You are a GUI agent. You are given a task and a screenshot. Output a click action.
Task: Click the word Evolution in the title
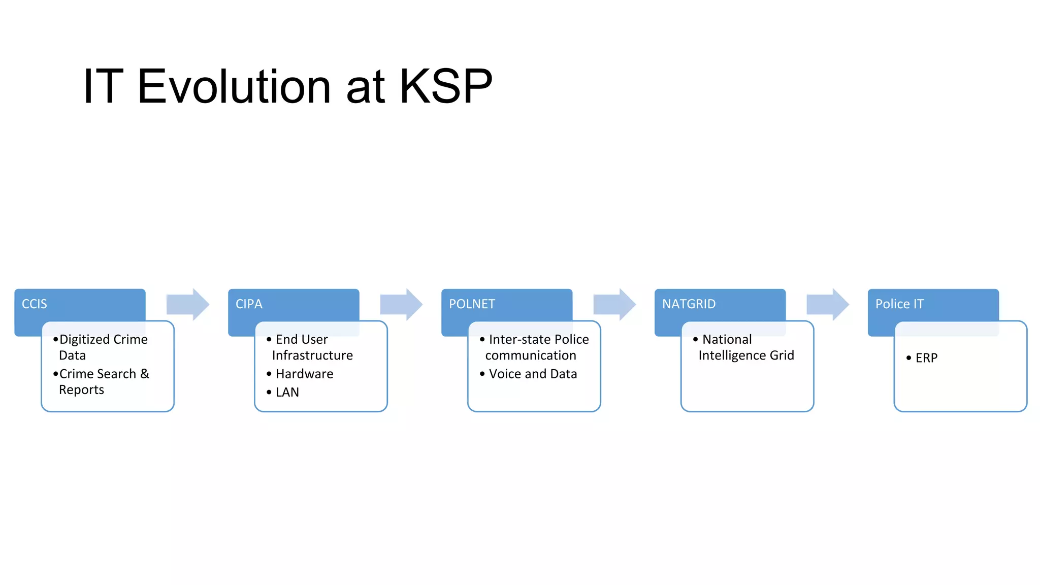pyautogui.click(x=235, y=86)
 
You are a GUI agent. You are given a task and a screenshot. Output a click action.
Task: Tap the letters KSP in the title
pyautogui.click(x=445, y=86)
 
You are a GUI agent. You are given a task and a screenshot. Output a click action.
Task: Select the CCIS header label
pyautogui.click(x=35, y=304)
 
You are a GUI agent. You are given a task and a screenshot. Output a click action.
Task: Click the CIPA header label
pyautogui.click(x=249, y=304)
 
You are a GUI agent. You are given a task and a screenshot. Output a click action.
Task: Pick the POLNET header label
pyautogui.click(x=472, y=304)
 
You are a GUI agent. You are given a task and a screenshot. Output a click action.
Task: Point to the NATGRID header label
pyautogui.click(x=689, y=304)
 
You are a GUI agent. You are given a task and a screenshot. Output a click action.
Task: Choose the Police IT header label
pyautogui.click(x=899, y=304)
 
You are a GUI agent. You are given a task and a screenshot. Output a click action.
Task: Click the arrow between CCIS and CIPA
pyautogui.click(x=187, y=304)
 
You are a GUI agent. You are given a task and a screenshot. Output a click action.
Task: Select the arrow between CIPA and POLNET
pyautogui.click(x=401, y=304)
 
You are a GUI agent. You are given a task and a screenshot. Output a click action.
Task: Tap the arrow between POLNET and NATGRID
pyautogui.click(x=614, y=304)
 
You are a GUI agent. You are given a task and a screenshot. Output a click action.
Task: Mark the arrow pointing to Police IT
pyautogui.click(x=827, y=304)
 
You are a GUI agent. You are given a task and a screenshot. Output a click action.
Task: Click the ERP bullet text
pyautogui.click(x=926, y=358)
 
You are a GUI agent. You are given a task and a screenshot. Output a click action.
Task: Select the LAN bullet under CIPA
pyautogui.click(x=287, y=393)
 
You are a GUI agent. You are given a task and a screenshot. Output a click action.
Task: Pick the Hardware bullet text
pyautogui.click(x=304, y=374)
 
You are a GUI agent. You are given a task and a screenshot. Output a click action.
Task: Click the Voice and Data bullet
pyautogui.click(x=533, y=374)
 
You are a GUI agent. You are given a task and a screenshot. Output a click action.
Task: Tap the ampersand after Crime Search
pyautogui.click(x=145, y=374)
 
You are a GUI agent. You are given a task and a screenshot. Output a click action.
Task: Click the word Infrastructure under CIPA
pyautogui.click(x=312, y=355)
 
